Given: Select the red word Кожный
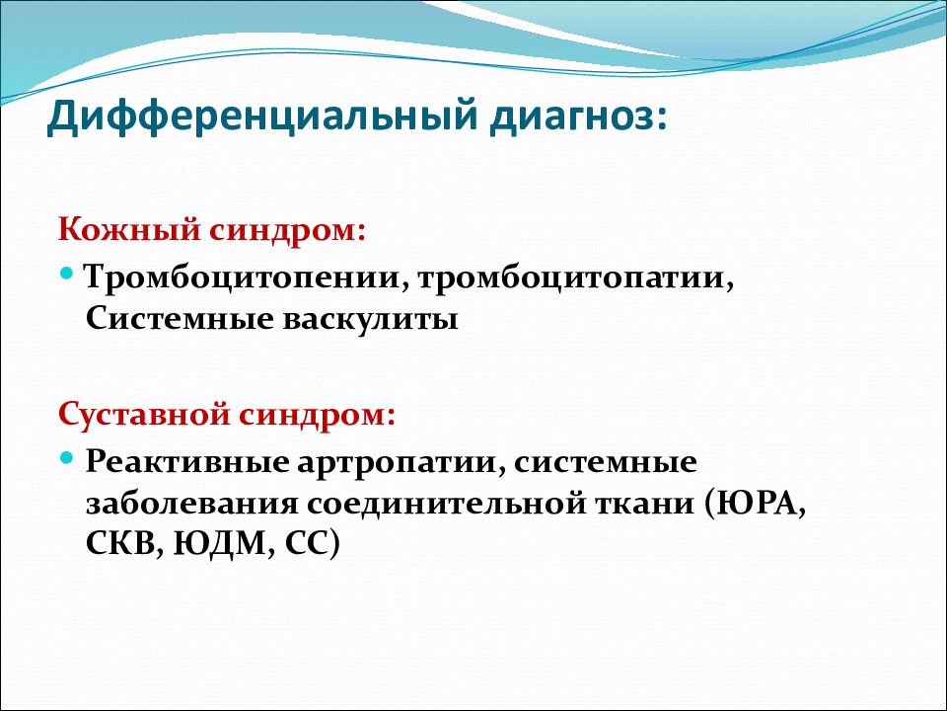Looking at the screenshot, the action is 129,230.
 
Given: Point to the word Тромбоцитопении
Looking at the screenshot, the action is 244,277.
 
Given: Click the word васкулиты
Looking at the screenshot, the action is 371,319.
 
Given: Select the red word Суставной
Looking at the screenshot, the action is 144,415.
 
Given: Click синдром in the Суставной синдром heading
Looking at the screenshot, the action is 317,416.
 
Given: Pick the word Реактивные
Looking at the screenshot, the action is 187,462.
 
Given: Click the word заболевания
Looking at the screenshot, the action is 192,504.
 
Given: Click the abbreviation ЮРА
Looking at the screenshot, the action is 756,504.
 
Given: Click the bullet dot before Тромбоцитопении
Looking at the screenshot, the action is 66,273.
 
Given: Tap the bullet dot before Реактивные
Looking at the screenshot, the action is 66,457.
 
